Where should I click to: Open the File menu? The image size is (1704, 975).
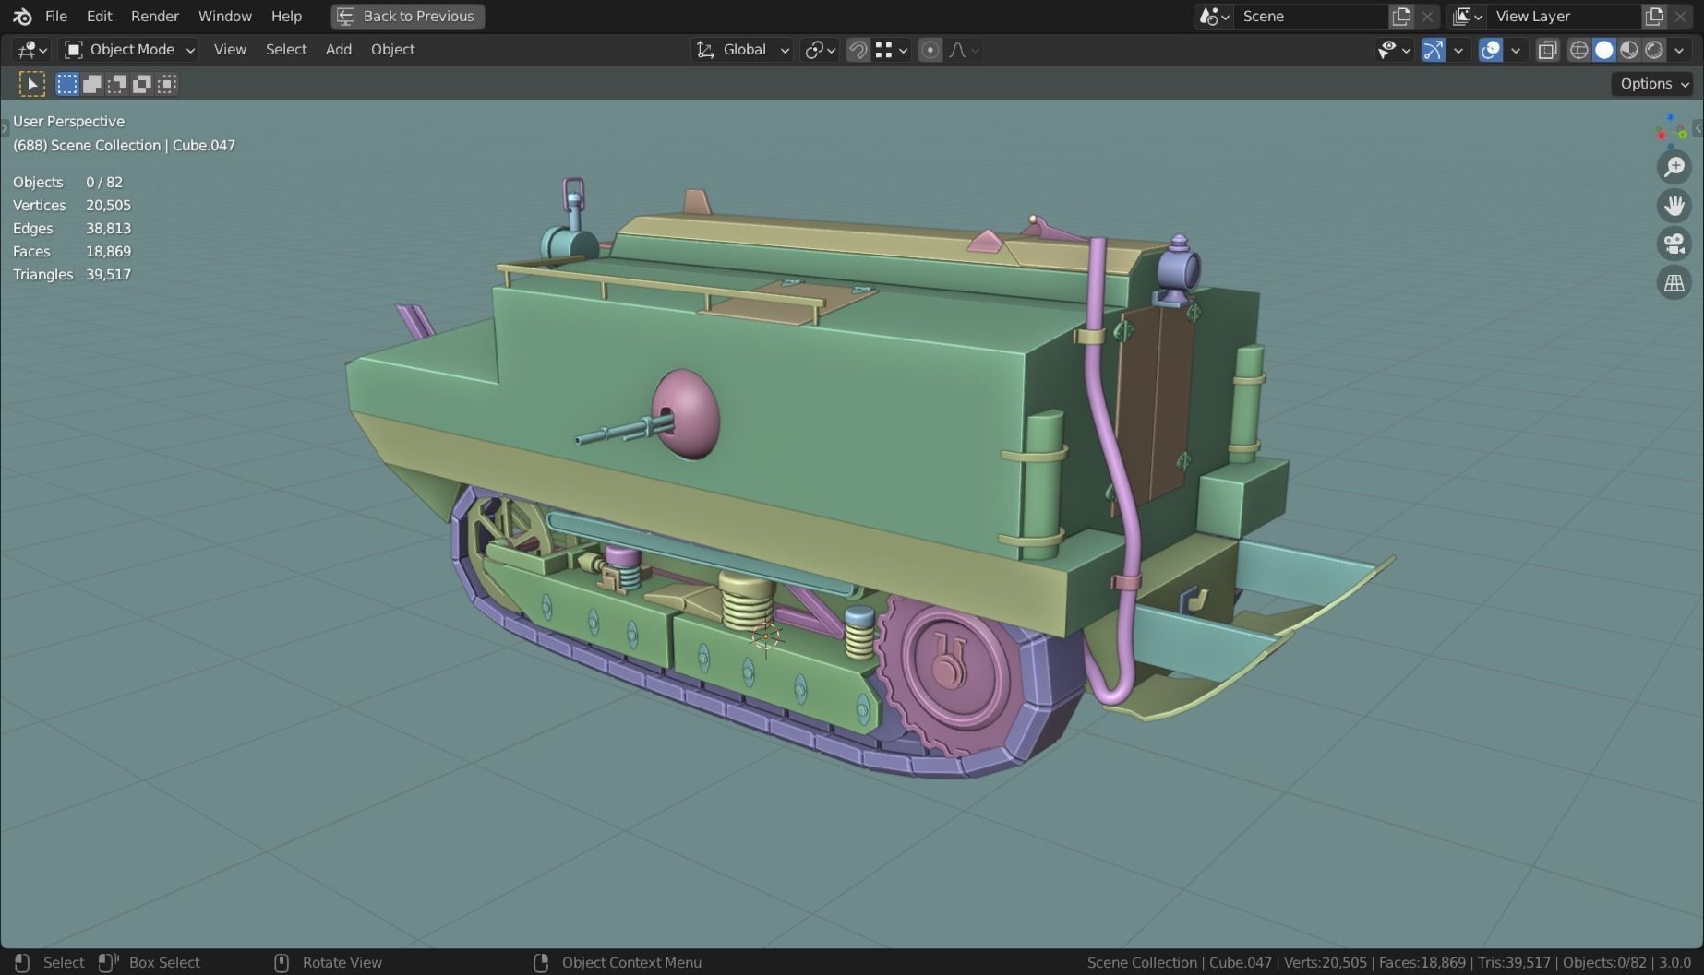click(x=55, y=16)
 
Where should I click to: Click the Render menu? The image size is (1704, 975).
click(x=154, y=16)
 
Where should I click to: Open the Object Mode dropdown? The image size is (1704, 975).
click(x=130, y=50)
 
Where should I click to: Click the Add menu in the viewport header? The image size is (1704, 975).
click(x=338, y=50)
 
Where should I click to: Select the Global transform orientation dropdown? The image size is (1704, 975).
click(x=743, y=50)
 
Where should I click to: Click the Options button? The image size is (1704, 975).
click(x=1652, y=84)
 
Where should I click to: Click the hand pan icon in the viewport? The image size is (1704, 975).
click(x=1674, y=205)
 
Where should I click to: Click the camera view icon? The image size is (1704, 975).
click(x=1674, y=244)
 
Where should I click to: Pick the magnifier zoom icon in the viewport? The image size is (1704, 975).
click(x=1674, y=167)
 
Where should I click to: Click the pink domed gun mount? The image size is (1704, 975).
click(x=689, y=414)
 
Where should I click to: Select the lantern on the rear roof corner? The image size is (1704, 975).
click(x=1178, y=269)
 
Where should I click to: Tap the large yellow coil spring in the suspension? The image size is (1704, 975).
click(x=746, y=600)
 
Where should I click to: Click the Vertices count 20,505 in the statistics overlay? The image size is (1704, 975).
click(x=108, y=205)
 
